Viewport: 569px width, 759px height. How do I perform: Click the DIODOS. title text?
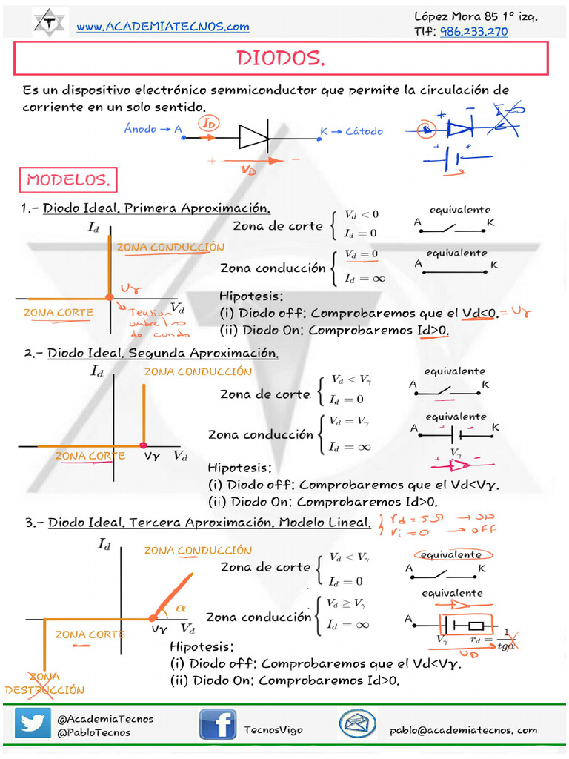point(281,59)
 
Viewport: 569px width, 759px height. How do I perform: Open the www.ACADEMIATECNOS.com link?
point(163,27)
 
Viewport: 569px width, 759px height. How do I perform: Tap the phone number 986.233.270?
point(474,31)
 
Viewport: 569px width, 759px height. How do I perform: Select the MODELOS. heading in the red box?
point(67,179)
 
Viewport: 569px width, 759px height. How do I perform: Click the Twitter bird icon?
point(33,724)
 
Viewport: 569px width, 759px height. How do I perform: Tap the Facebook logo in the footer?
point(217,724)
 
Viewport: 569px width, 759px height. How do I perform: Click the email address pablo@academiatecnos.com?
point(464,730)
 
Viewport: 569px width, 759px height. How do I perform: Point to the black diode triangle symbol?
point(253,136)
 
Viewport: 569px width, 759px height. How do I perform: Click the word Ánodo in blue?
point(140,129)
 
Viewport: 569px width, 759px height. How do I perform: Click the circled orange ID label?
point(210,124)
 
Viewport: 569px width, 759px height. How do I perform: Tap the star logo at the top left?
point(50,22)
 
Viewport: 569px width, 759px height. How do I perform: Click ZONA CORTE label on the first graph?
point(59,312)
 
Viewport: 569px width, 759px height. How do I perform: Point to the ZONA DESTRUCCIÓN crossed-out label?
point(45,683)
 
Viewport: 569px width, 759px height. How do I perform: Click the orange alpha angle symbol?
point(182,608)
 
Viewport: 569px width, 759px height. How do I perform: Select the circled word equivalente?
point(451,554)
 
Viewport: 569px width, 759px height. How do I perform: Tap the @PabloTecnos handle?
point(93,732)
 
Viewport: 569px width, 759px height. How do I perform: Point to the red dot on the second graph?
point(142,445)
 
